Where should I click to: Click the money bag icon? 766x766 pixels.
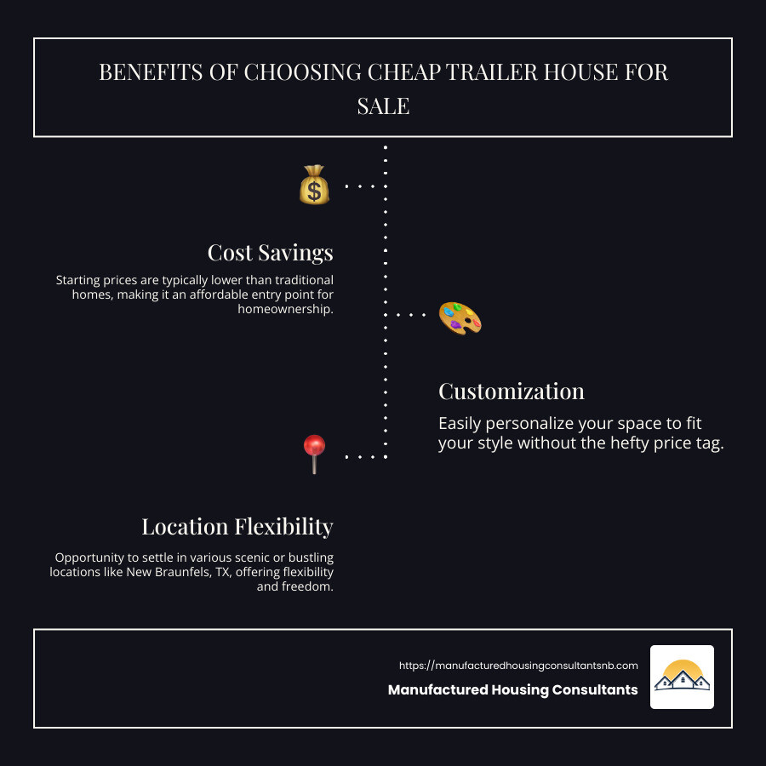tap(314, 185)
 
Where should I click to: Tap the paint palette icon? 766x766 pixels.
tap(460, 318)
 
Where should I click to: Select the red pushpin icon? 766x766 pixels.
tap(314, 454)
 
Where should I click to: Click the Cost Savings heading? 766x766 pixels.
tap(270, 253)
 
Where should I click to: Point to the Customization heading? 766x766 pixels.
tap(511, 392)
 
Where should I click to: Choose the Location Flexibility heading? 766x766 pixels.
tap(237, 527)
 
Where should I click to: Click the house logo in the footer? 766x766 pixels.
tap(682, 677)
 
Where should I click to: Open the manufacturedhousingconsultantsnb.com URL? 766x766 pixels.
tap(518, 666)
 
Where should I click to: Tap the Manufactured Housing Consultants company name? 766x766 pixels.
tap(513, 689)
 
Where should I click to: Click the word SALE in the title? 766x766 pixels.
tap(383, 106)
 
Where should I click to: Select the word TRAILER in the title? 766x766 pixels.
tap(491, 72)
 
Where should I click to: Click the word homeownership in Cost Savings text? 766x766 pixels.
tap(286, 309)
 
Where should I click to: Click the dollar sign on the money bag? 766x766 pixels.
tap(314, 191)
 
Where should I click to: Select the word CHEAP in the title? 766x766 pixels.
tap(403, 72)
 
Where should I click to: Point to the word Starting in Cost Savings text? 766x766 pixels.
tap(77, 280)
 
